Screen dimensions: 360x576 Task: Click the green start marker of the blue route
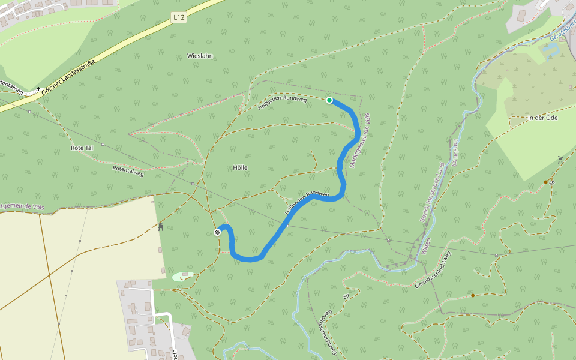pyautogui.click(x=329, y=100)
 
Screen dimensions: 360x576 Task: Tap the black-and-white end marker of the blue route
pyautogui.click(x=217, y=232)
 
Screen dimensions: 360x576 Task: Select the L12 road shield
pyautogui.click(x=178, y=18)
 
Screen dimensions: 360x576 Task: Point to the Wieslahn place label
pyautogui.click(x=200, y=55)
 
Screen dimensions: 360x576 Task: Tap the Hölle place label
pyautogui.click(x=240, y=167)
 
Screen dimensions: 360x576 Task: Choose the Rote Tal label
pyautogui.click(x=82, y=148)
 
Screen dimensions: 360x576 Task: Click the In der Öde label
pyautogui.click(x=542, y=118)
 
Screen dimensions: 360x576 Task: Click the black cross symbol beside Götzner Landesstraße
pyautogui.click(x=38, y=89)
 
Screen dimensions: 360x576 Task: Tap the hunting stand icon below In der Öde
pyautogui.click(x=560, y=160)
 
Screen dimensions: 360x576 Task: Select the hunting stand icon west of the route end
pyautogui.click(x=161, y=226)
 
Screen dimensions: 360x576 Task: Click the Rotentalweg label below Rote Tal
pyautogui.click(x=128, y=170)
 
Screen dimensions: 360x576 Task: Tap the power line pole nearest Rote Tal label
pyautogui.click(x=103, y=144)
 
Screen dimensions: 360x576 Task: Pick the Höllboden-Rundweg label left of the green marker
pyautogui.click(x=282, y=103)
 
